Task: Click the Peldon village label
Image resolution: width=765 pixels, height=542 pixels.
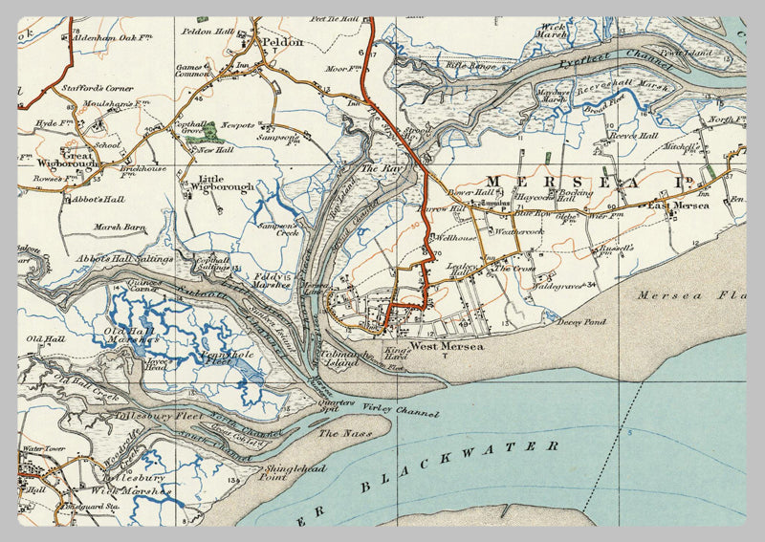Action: pos(284,42)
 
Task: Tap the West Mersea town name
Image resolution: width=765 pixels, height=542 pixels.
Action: pos(447,346)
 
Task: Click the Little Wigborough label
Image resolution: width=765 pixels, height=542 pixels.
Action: pos(225,183)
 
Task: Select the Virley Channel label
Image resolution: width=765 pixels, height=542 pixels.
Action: pos(402,411)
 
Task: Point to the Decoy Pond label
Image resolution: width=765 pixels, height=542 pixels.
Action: pos(582,322)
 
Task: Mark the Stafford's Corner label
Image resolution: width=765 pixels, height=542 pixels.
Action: pos(98,88)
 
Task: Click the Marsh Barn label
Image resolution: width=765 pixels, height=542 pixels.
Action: pos(119,228)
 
